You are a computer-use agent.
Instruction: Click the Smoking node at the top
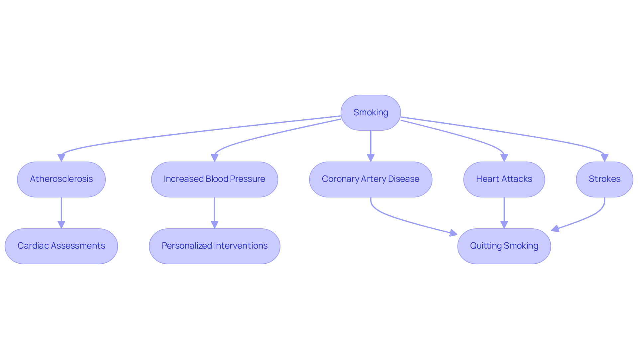(371, 113)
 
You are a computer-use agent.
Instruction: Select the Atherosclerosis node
(61, 179)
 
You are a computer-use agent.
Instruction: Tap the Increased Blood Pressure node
(214, 179)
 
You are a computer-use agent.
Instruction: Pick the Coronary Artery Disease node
(371, 179)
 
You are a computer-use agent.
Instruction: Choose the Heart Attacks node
(504, 179)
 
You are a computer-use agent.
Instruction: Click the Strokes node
(604, 179)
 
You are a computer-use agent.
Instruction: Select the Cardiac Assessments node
(61, 246)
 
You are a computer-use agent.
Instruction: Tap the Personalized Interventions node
(214, 246)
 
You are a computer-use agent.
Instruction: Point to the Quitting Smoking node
(504, 246)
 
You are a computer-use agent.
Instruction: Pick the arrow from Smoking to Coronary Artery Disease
(371, 143)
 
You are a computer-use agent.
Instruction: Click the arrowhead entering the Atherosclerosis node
(61, 158)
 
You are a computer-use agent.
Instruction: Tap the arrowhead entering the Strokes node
(604, 158)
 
